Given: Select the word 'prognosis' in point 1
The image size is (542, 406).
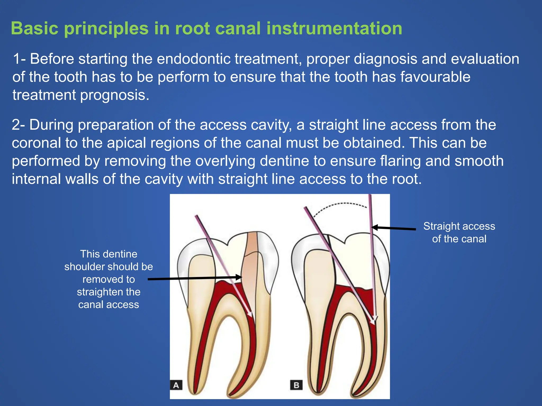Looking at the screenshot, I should click(x=115, y=95).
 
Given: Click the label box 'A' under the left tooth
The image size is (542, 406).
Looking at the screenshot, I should click(x=176, y=385).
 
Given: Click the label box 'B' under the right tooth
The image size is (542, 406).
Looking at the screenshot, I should click(x=296, y=385).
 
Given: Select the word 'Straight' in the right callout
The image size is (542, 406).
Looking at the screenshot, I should click(x=441, y=226).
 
